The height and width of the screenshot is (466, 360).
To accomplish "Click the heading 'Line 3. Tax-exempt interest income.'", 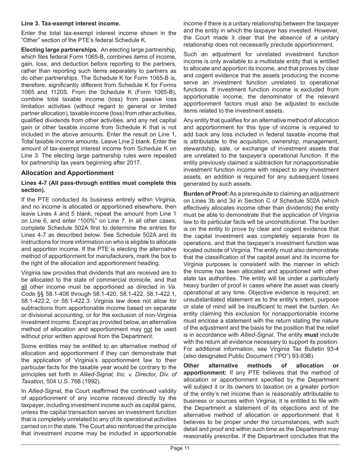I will [x=71, y=23].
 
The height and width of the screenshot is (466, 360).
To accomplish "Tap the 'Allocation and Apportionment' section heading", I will [x=67, y=173].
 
